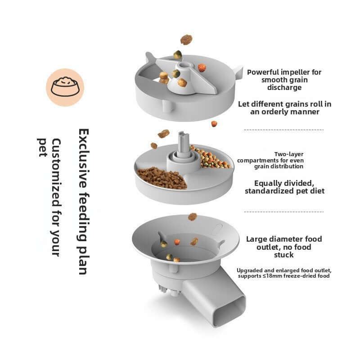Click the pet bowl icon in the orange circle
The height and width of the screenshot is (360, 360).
65,87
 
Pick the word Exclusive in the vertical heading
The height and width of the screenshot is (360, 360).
84,153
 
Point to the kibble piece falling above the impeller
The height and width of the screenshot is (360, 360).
186,40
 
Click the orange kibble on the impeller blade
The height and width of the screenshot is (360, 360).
202,67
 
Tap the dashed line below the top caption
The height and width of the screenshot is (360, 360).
283,130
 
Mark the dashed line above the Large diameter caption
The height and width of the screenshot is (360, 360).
283,211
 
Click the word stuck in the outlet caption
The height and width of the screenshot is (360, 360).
284,255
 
